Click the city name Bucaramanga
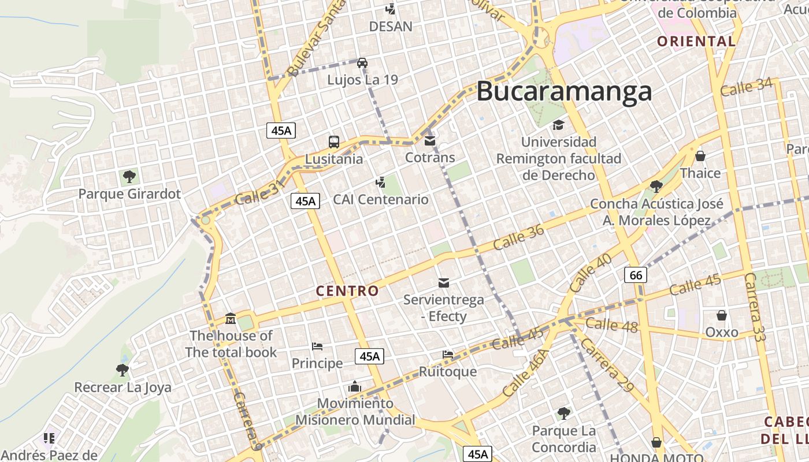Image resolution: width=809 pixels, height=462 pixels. (x=564, y=91)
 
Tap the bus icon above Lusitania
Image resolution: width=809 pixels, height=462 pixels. (x=334, y=141)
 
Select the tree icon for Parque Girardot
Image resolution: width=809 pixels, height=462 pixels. (x=129, y=176)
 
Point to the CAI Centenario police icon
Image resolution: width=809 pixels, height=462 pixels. (x=380, y=183)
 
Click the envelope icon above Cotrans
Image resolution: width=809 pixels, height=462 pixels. (x=429, y=140)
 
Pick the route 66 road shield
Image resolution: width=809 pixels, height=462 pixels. (x=636, y=275)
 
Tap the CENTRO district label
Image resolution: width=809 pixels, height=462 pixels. (x=347, y=290)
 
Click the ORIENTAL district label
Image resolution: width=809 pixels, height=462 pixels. (x=696, y=42)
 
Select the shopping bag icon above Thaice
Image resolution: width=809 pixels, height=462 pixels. (x=700, y=156)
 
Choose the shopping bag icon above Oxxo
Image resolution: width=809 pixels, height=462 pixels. (x=722, y=315)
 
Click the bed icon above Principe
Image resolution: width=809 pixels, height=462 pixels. (x=317, y=346)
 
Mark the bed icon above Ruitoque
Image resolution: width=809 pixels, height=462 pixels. (x=448, y=354)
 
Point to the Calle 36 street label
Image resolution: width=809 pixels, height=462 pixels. (x=518, y=237)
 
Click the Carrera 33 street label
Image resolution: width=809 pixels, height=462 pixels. (x=754, y=307)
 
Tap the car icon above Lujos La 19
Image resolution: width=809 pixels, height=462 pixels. (x=362, y=62)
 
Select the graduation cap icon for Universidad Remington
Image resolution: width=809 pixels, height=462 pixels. (x=558, y=125)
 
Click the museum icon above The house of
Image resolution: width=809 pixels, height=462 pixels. (x=231, y=319)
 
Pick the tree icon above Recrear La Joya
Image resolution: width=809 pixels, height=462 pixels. (x=122, y=370)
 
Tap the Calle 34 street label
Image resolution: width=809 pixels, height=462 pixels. (x=746, y=87)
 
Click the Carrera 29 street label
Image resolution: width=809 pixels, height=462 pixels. (x=607, y=365)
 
